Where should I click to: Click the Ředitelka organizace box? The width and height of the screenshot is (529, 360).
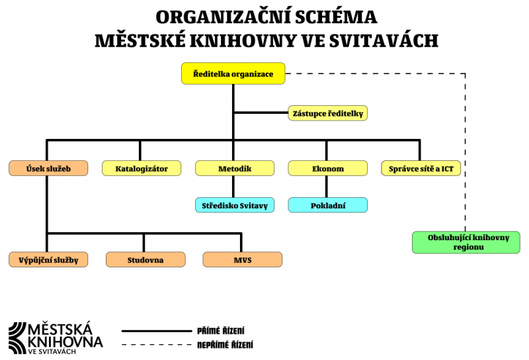[x=233, y=73]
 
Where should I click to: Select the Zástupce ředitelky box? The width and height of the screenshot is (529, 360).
[x=328, y=113]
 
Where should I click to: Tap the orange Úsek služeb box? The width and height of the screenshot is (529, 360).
[x=48, y=169]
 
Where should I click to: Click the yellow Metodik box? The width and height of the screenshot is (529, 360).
[x=235, y=169]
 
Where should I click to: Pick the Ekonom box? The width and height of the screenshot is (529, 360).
[x=328, y=169]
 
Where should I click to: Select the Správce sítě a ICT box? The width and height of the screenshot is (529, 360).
[x=421, y=169]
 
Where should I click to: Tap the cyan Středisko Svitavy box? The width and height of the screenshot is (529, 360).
[x=235, y=205]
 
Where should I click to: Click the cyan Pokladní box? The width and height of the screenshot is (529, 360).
[x=328, y=205]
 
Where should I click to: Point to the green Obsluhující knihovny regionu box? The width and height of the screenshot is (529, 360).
[x=466, y=242]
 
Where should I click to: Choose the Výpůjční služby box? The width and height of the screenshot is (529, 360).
[x=48, y=259]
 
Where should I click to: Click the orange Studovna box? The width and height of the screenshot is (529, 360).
[x=145, y=259]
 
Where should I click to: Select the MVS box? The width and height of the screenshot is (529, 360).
[x=243, y=259]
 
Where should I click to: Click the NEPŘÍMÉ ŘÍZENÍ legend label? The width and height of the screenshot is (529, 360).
[x=225, y=345]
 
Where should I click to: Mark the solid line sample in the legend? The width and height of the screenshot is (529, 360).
[x=156, y=330]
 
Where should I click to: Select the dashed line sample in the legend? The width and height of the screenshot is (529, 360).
[x=156, y=345]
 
